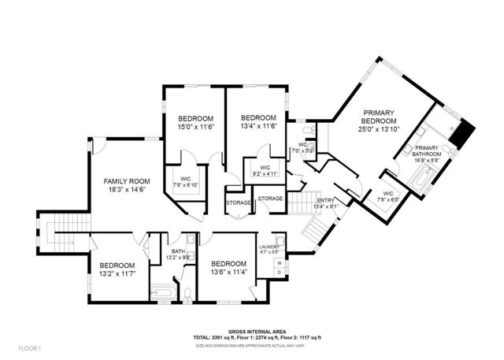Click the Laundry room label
click(269, 247)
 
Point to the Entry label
click(326, 201)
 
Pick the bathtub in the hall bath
click(164, 292)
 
